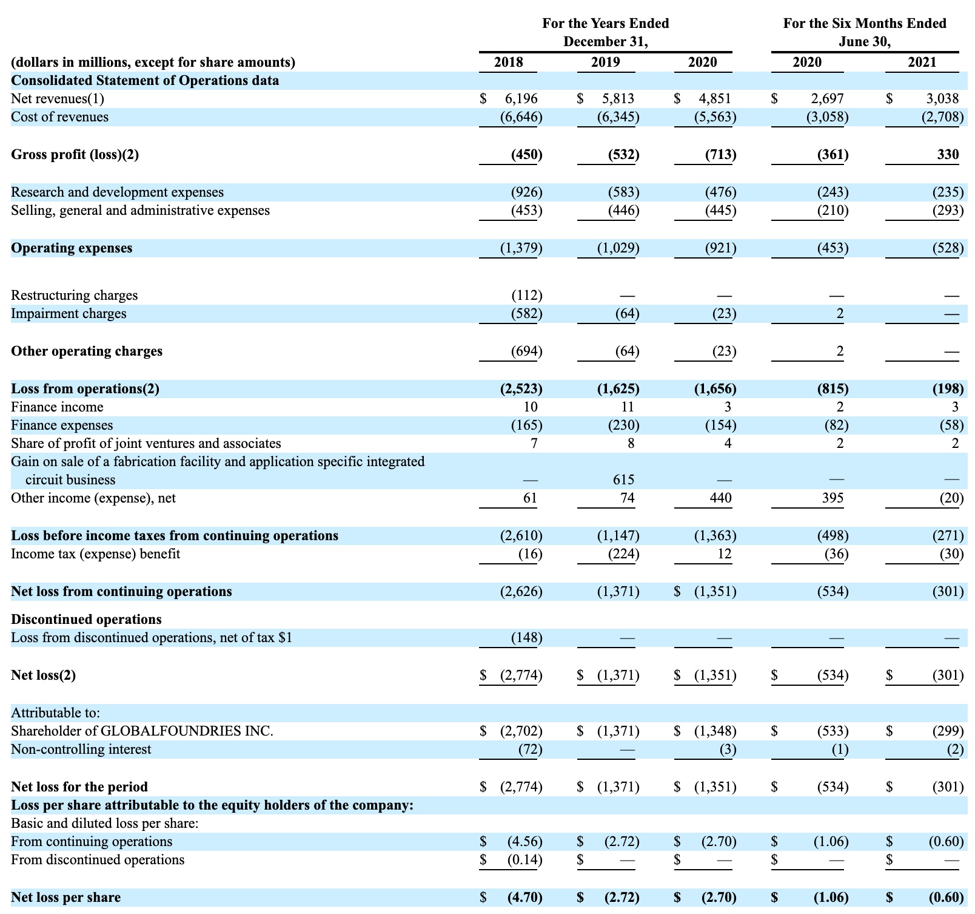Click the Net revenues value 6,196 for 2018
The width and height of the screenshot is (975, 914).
521,98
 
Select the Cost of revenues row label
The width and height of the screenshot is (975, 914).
59,117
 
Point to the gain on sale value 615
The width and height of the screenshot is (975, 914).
623,480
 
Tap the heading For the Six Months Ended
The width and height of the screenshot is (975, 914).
864,24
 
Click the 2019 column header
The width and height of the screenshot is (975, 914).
605,63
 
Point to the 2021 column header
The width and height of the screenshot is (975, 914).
922,63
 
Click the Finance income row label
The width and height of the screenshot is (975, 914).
57,407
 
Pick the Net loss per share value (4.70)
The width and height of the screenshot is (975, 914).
524,898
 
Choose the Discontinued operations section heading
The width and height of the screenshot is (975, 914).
86,620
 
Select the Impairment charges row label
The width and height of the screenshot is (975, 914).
69,314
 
